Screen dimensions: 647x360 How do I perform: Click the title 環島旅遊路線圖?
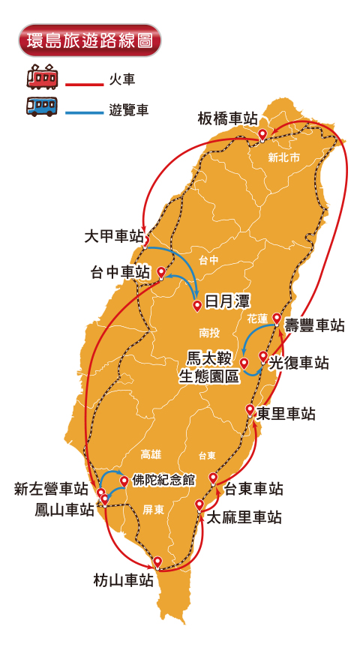tap(89, 40)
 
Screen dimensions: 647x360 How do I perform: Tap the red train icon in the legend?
tap(42, 77)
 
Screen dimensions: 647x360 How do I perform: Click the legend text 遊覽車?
tap(128, 110)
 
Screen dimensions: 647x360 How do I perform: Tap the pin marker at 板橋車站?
tap(262, 134)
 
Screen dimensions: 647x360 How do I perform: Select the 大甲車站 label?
tap(114, 236)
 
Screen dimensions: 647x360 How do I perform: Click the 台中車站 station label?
tap(120, 272)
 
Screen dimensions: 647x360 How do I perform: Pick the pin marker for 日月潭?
tap(197, 304)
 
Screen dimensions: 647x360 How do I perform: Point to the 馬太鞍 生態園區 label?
tap(208, 367)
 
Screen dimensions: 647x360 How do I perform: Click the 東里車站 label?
tap(286, 414)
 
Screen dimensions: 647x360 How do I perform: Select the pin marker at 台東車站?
tap(213, 478)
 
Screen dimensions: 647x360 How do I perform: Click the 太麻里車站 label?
tap(244, 517)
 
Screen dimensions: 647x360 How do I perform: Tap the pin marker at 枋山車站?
tap(157, 561)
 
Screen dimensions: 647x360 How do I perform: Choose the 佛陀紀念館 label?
tap(163, 479)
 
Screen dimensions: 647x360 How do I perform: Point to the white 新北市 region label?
tap(283, 158)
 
